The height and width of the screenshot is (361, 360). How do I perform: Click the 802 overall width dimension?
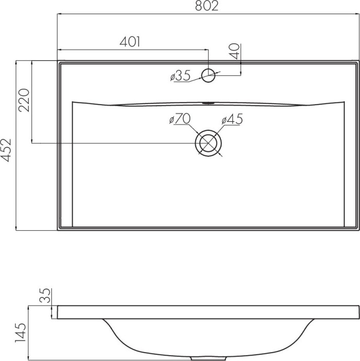[206, 6]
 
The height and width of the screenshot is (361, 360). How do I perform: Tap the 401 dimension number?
[130, 42]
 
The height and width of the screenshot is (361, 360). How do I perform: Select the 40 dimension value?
[235, 51]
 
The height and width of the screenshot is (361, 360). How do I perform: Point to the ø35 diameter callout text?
[181, 75]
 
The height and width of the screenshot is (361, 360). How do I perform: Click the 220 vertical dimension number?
[24, 100]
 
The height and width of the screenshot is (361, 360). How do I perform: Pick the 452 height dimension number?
[6, 150]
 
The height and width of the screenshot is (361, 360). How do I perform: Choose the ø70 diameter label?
[180, 119]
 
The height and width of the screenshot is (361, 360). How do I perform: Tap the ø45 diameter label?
[232, 119]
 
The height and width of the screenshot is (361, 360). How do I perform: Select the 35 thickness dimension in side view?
[45, 296]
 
